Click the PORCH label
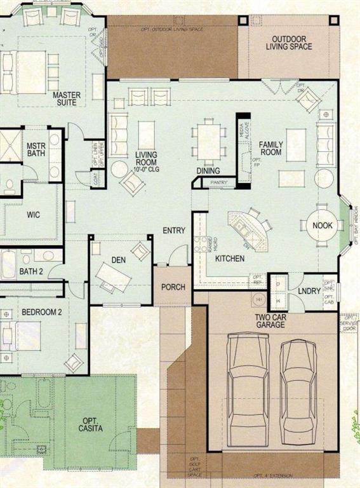pyautogui.click(x=173, y=287)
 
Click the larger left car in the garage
pyautogui.click(x=248, y=383)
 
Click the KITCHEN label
pyautogui.click(x=230, y=259)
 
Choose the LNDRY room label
pyautogui.click(x=309, y=292)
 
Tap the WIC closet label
pyautogui.click(x=34, y=215)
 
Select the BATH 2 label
pyautogui.click(x=30, y=272)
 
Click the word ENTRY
pyautogui.click(x=173, y=230)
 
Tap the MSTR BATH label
pyautogui.click(x=36, y=149)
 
